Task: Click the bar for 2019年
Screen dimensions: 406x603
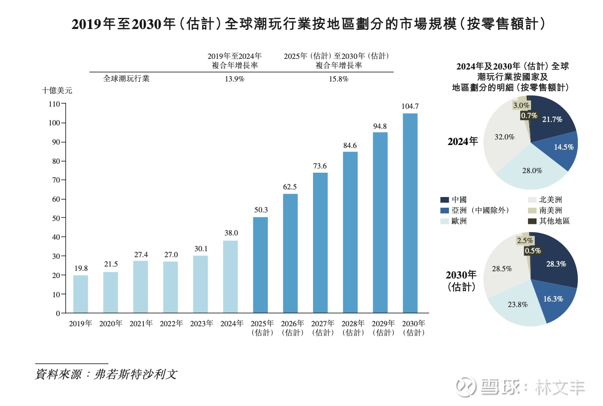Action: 81,294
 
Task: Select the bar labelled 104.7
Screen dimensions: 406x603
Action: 410,213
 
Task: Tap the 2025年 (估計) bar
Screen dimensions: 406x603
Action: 260,265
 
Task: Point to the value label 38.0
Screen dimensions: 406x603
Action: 231,233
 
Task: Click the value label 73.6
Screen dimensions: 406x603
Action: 320,166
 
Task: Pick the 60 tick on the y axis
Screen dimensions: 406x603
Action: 56,199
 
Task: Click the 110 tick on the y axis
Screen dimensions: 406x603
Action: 55,104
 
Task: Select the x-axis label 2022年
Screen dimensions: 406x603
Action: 171,324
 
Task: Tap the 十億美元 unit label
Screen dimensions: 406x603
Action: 57,90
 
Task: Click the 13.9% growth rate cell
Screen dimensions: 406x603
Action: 235,79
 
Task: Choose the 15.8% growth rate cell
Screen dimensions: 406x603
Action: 339,79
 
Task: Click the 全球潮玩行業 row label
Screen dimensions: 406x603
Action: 126,78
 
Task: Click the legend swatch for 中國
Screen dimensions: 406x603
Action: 444,200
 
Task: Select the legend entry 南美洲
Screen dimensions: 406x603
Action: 551,210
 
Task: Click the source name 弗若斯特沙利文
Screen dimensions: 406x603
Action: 136,374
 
